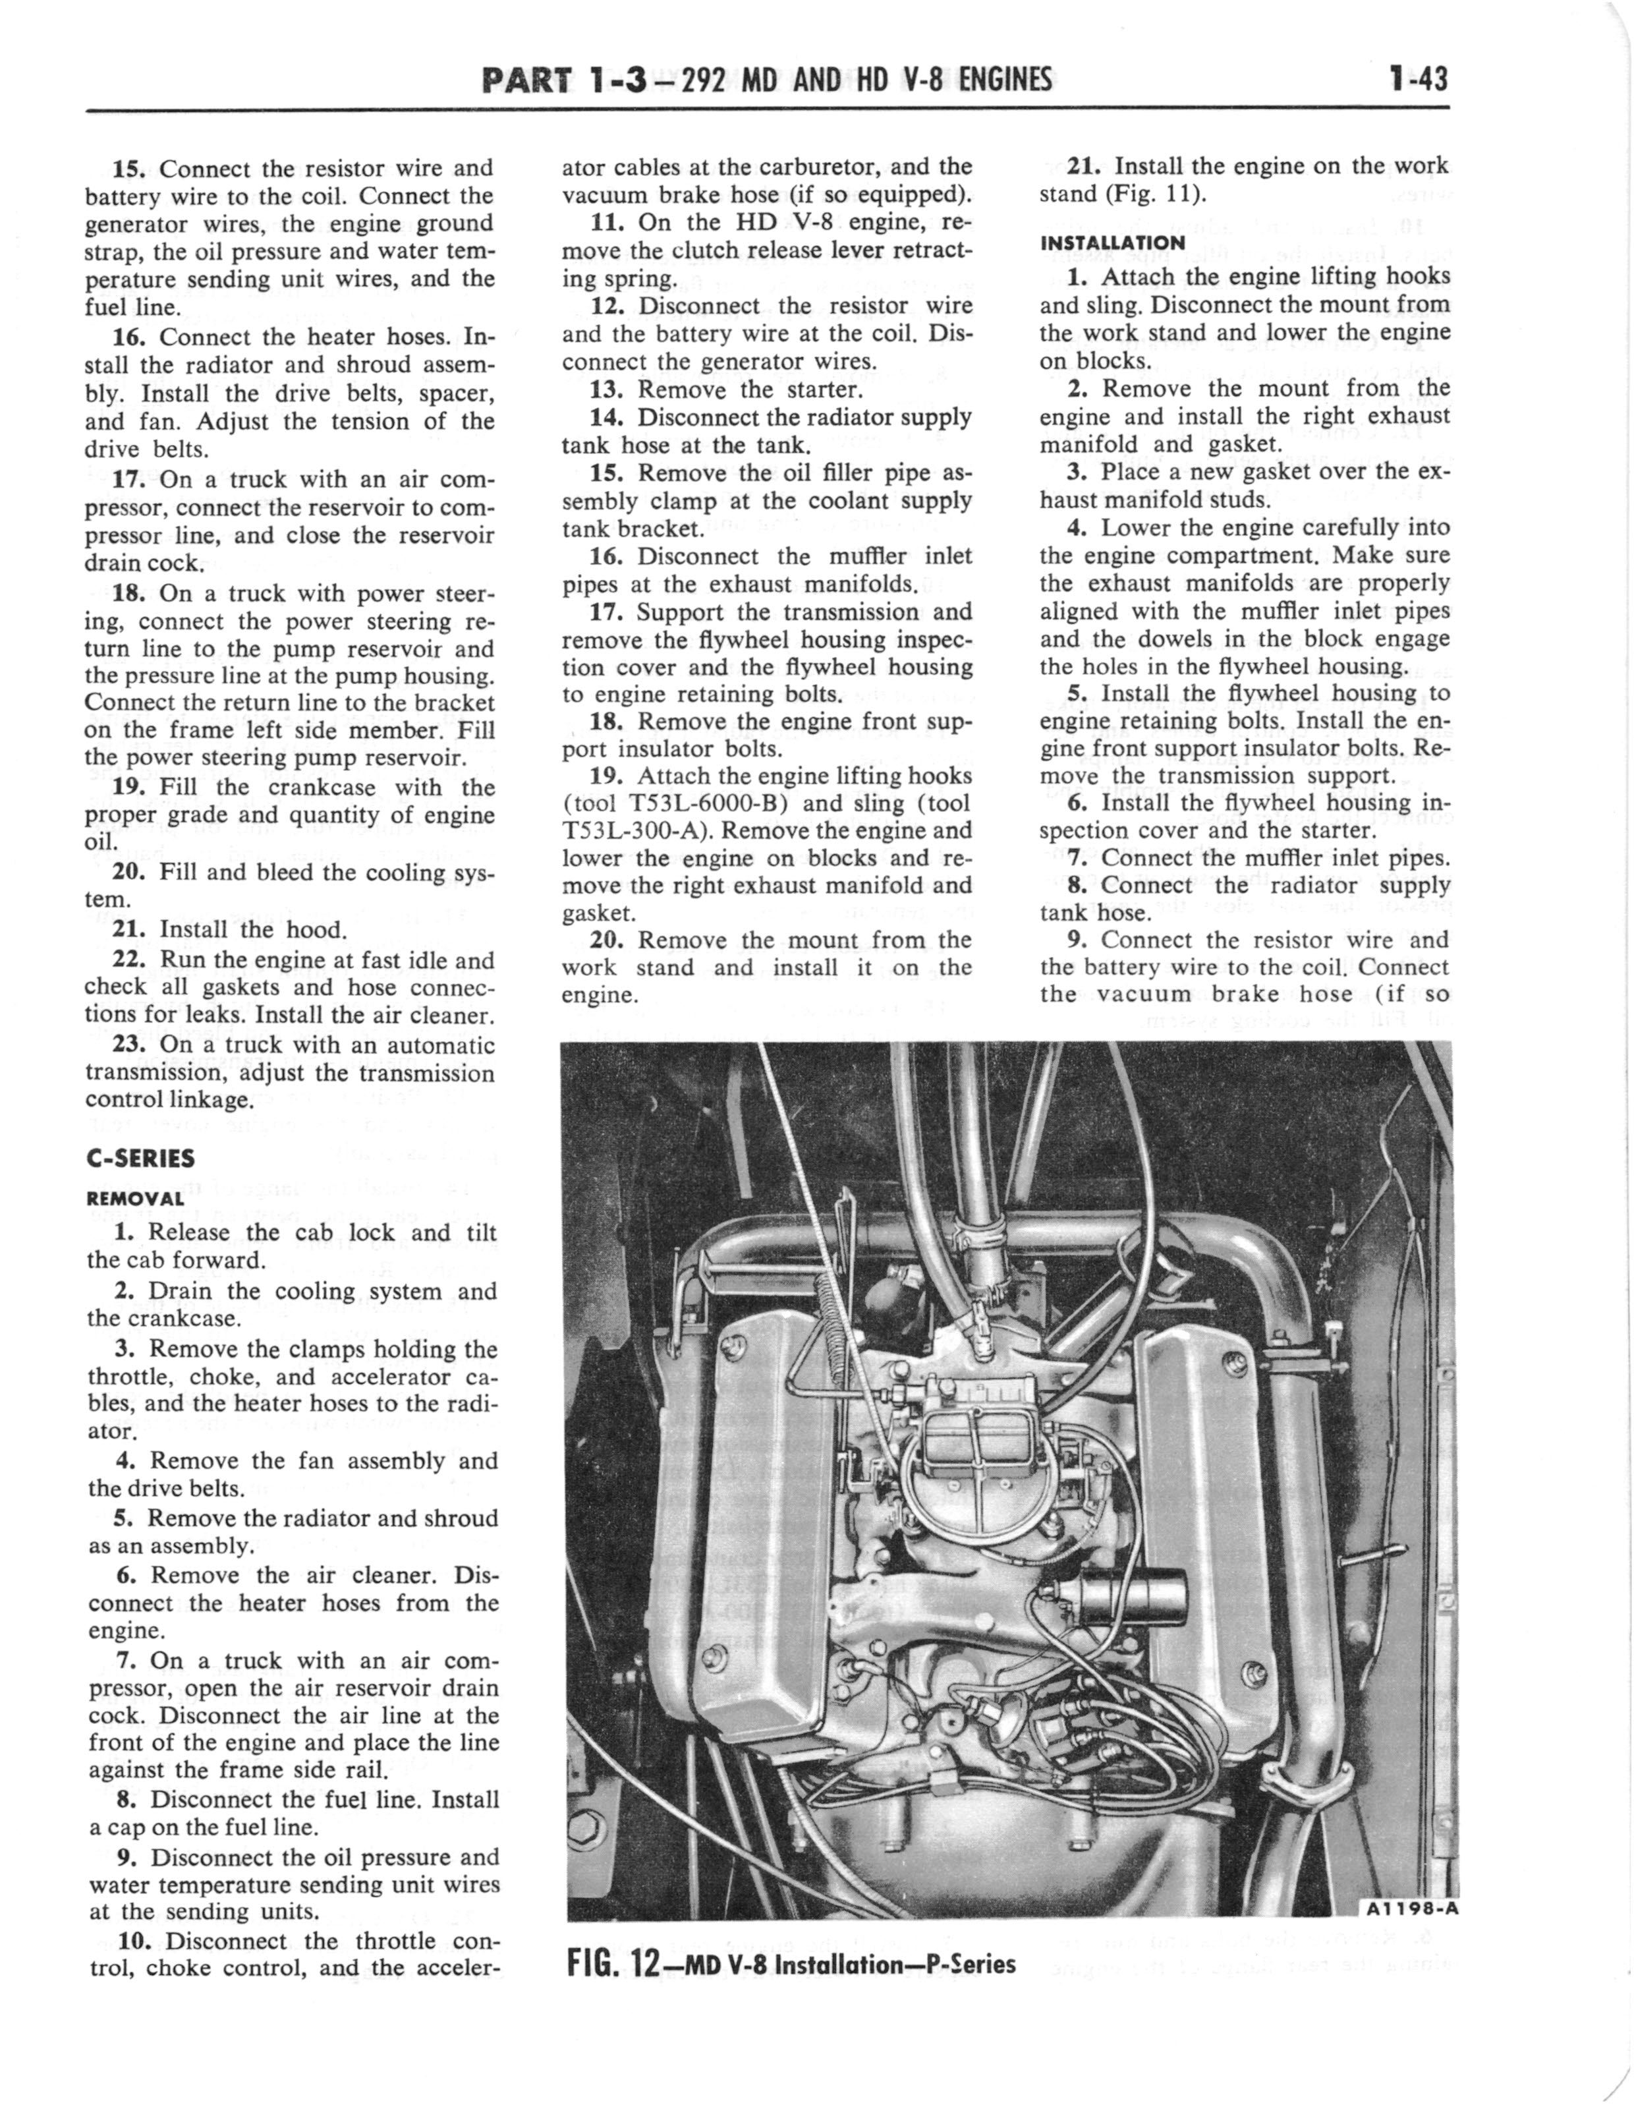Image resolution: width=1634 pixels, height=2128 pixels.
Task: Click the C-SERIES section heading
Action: [x=140, y=1159]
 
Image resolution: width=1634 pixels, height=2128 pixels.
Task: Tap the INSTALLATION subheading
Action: [x=1112, y=242]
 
